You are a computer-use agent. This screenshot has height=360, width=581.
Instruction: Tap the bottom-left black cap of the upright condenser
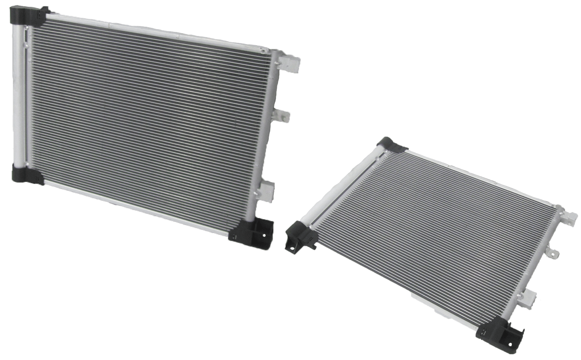(x=27, y=175)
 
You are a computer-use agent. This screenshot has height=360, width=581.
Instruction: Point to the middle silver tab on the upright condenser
(x=282, y=115)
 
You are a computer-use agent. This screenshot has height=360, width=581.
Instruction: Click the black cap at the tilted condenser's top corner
(x=389, y=145)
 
